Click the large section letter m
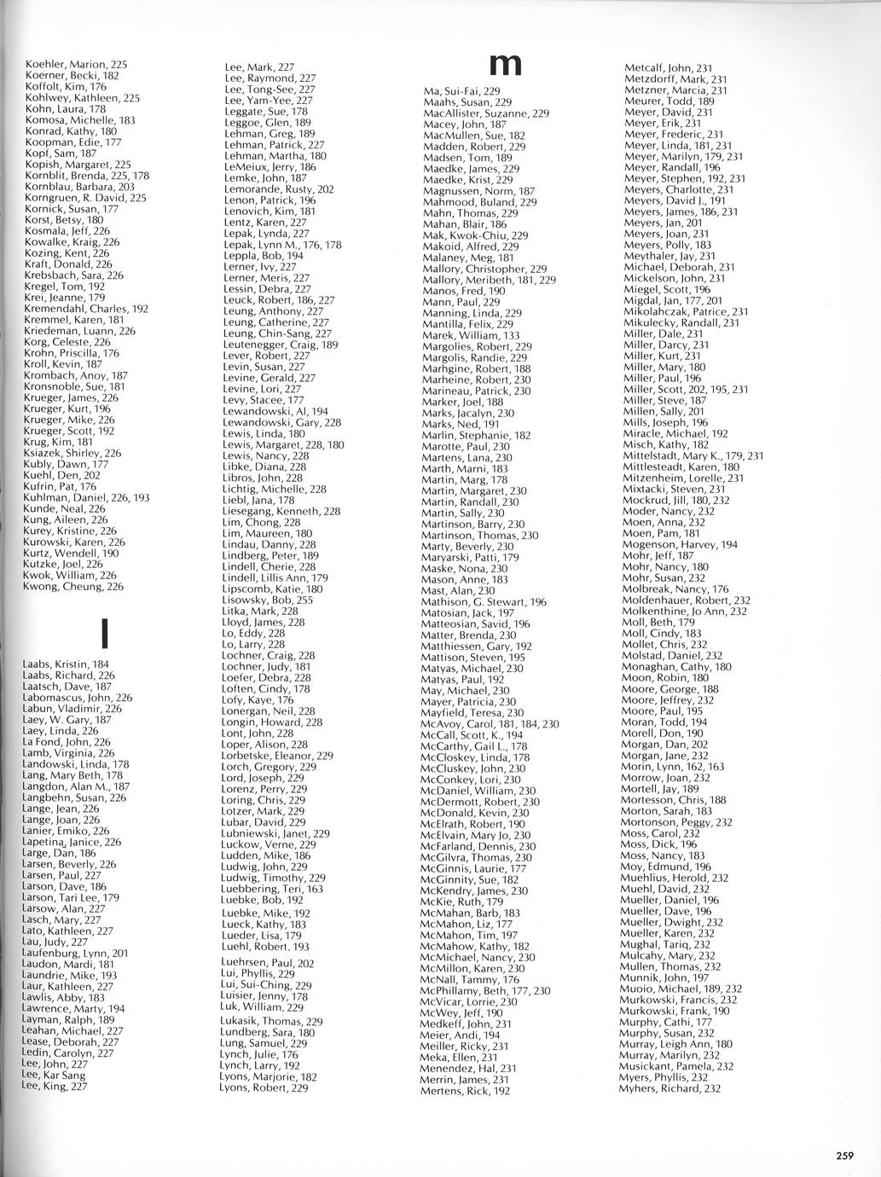(505, 65)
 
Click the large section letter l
(103, 632)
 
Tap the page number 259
(843, 1156)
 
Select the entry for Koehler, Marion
(76, 64)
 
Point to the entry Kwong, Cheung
(72, 586)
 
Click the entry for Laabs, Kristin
(66, 664)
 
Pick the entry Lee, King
(55, 1086)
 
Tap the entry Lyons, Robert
(264, 1087)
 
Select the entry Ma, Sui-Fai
(461, 90)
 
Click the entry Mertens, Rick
(465, 1090)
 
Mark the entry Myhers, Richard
(669, 1087)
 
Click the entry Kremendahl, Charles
(86, 309)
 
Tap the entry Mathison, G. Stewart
(484, 601)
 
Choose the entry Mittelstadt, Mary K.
(693, 455)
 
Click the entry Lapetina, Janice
(72, 841)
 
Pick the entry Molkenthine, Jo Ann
(685, 611)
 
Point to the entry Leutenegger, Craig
(281, 345)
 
